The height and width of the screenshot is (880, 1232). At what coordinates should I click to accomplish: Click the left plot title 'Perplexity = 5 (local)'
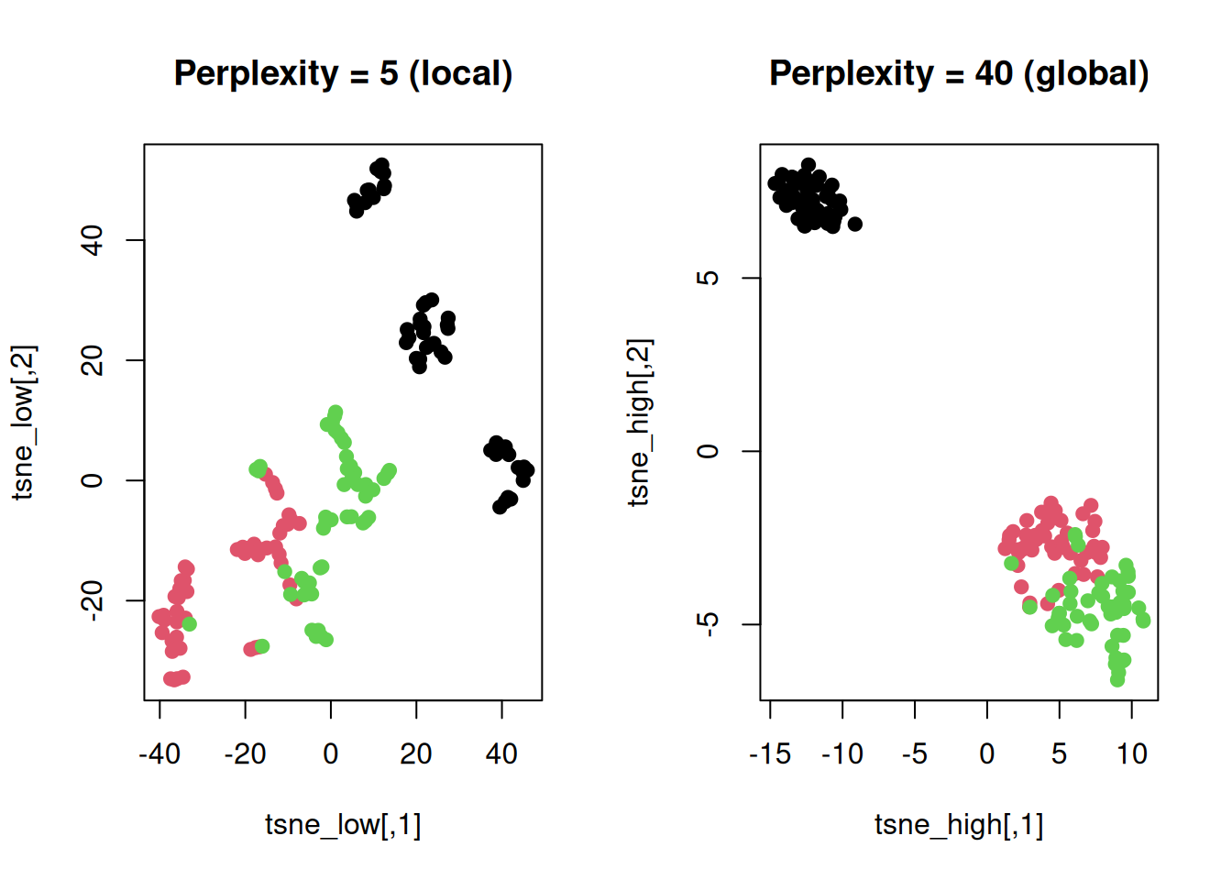coord(343,73)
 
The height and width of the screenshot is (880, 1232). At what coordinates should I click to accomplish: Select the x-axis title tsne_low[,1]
coord(343,824)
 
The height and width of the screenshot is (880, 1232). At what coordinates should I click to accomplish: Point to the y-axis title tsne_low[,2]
coord(24,423)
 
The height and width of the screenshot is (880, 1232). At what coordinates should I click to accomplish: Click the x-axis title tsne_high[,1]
coord(959,824)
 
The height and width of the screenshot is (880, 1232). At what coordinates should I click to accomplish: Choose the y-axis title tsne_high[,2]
coord(640,423)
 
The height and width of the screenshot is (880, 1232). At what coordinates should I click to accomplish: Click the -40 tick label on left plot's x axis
coord(159,754)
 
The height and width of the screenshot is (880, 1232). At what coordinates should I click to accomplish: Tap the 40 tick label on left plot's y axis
coord(93,240)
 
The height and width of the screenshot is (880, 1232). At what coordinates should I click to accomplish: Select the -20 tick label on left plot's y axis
coord(93,600)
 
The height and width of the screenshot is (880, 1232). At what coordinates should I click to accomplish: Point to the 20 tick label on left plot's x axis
coord(416,754)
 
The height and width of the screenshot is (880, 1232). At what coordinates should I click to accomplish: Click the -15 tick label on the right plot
coord(770,754)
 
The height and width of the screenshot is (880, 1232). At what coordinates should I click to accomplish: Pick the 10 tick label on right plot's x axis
coord(1131,754)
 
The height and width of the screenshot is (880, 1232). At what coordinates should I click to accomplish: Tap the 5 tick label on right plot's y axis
coord(709,278)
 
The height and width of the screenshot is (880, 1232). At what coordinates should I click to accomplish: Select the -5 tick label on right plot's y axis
coord(709,624)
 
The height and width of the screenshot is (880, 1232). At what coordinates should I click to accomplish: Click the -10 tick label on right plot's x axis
coord(842,754)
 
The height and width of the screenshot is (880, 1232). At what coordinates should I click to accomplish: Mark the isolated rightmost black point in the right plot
coord(855,224)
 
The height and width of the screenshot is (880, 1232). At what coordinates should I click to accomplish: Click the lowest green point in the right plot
coord(1117,679)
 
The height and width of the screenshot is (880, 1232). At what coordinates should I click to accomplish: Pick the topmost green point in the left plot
coord(335,412)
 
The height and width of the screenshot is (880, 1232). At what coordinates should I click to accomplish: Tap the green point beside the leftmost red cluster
coord(189,624)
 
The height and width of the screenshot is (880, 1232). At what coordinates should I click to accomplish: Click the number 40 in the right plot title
coord(994,73)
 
